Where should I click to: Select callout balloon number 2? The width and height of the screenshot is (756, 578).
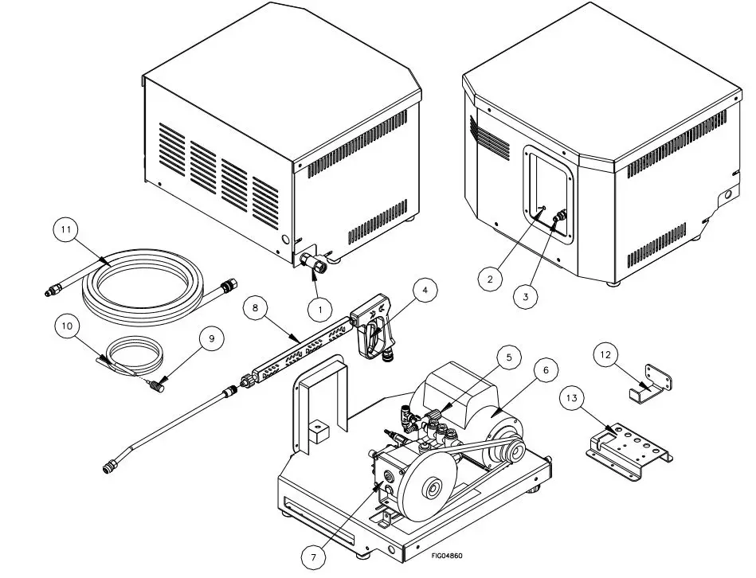(489, 279)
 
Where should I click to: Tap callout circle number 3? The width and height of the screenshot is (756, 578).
(524, 296)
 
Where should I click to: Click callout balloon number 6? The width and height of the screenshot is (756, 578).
(546, 371)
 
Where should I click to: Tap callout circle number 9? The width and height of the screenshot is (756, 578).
(211, 338)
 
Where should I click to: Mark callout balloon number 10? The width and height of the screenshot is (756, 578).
(67, 326)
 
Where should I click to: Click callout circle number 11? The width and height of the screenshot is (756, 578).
(68, 230)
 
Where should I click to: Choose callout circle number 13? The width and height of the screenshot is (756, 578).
(571, 398)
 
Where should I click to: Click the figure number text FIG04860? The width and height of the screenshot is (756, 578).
(447, 556)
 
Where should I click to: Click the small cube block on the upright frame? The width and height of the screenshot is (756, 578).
(323, 432)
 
